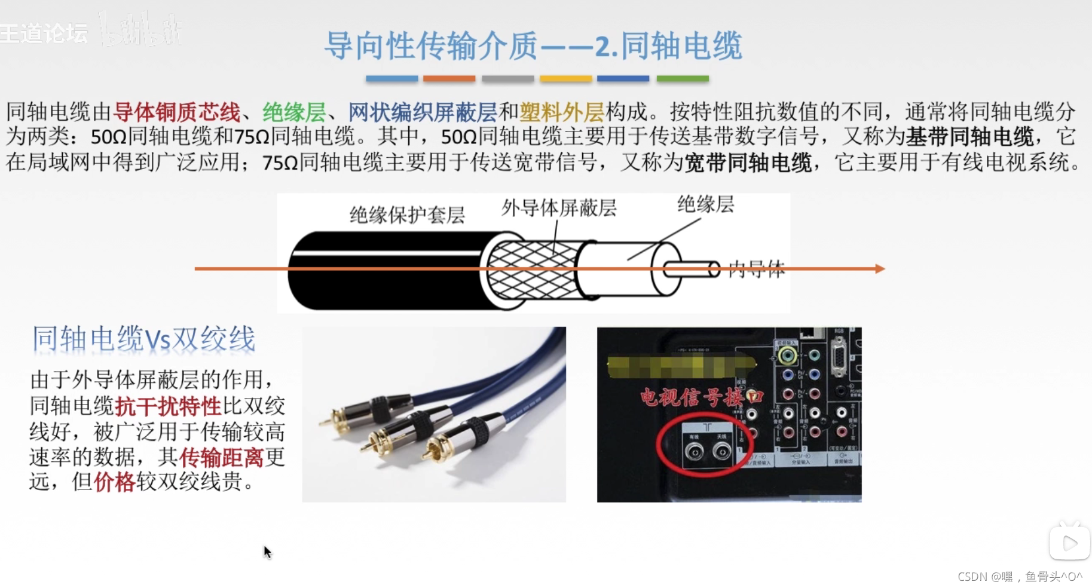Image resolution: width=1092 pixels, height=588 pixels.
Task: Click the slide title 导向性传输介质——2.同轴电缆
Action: coord(533,46)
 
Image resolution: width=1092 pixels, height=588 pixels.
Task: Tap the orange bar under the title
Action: coord(449,78)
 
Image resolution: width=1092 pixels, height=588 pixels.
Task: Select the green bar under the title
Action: coord(682,78)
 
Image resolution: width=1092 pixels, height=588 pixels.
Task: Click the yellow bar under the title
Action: coord(565,78)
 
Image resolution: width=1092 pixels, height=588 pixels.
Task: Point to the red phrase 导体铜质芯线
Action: coord(177,112)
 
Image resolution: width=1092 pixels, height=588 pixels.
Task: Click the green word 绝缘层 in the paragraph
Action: coord(294,112)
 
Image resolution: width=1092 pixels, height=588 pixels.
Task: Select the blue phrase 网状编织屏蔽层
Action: coord(422,112)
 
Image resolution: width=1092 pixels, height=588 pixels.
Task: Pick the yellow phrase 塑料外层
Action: coord(561,112)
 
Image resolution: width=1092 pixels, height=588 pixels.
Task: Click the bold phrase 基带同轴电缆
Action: coord(969,137)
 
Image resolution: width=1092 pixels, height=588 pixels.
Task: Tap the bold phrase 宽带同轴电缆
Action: coord(747,163)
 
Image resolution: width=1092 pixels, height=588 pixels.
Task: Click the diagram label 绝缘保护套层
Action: coord(407,215)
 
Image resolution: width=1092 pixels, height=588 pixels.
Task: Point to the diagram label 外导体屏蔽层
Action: coord(559,208)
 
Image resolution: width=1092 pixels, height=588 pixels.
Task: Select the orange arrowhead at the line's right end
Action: coord(880,269)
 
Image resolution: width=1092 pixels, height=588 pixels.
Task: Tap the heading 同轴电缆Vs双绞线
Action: coord(143,339)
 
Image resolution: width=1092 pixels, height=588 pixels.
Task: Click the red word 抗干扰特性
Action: coord(168,406)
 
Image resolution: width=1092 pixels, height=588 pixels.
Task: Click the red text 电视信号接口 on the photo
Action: coord(701,397)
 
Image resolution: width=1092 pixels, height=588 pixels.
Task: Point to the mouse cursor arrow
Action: coord(267,551)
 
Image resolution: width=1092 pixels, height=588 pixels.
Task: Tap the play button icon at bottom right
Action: coord(1069,543)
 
